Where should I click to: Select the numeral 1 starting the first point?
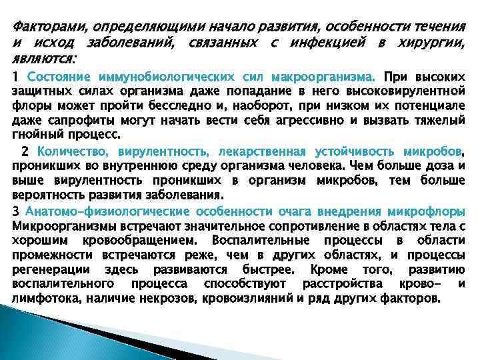[16, 77]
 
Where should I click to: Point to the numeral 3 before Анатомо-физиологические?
[16, 211]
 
